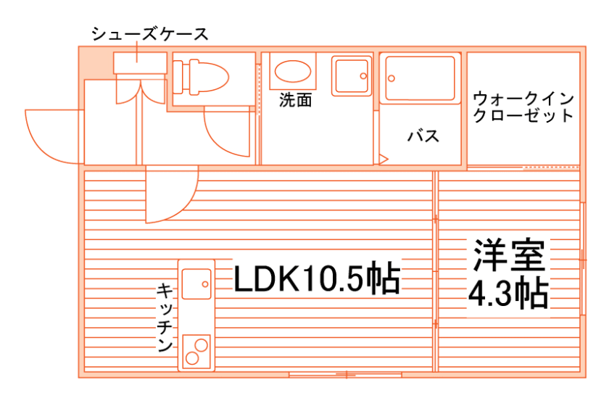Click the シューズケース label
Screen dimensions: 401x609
(x=149, y=33)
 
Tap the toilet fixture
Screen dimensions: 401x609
(x=199, y=75)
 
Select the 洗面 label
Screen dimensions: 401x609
(x=295, y=101)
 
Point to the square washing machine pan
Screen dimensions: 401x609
(x=352, y=75)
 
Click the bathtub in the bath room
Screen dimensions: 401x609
(x=420, y=78)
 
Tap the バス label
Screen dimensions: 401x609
(x=423, y=136)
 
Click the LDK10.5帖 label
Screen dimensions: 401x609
(x=317, y=278)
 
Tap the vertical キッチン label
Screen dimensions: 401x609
(x=165, y=318)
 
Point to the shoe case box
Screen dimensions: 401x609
(x=140, y=62)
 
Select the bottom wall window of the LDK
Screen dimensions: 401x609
(x=345, y=375)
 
